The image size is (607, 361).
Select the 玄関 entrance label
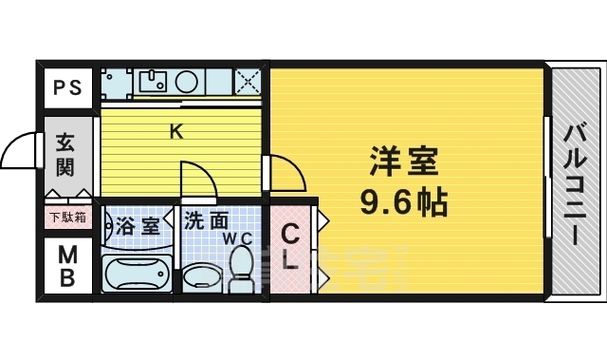tap(65, 156)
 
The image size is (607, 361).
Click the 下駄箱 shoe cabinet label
tap(67, 217)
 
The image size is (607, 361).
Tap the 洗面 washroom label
tap(207, 221)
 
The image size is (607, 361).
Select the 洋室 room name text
tap(404, 162)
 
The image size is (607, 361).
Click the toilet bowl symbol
tap(241, 266)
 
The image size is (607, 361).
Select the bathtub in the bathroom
tap(135, 273)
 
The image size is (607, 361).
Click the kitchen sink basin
tap(150, 81)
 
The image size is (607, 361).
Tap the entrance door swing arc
tap(21, 149)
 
